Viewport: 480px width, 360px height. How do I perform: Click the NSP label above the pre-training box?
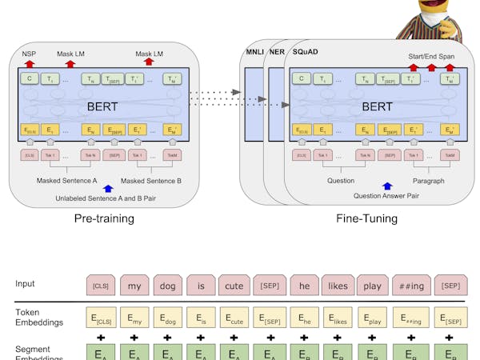(29, 54)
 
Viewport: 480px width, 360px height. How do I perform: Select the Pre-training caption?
(104, 218)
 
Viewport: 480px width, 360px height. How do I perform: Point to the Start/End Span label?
(431, 56)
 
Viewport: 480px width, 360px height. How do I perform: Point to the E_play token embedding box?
(372, 319)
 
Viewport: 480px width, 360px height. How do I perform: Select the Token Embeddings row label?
(38, 317)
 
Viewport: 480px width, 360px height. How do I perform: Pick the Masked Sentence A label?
(66, 181)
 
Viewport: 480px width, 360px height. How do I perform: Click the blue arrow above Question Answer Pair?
(388, 186)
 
